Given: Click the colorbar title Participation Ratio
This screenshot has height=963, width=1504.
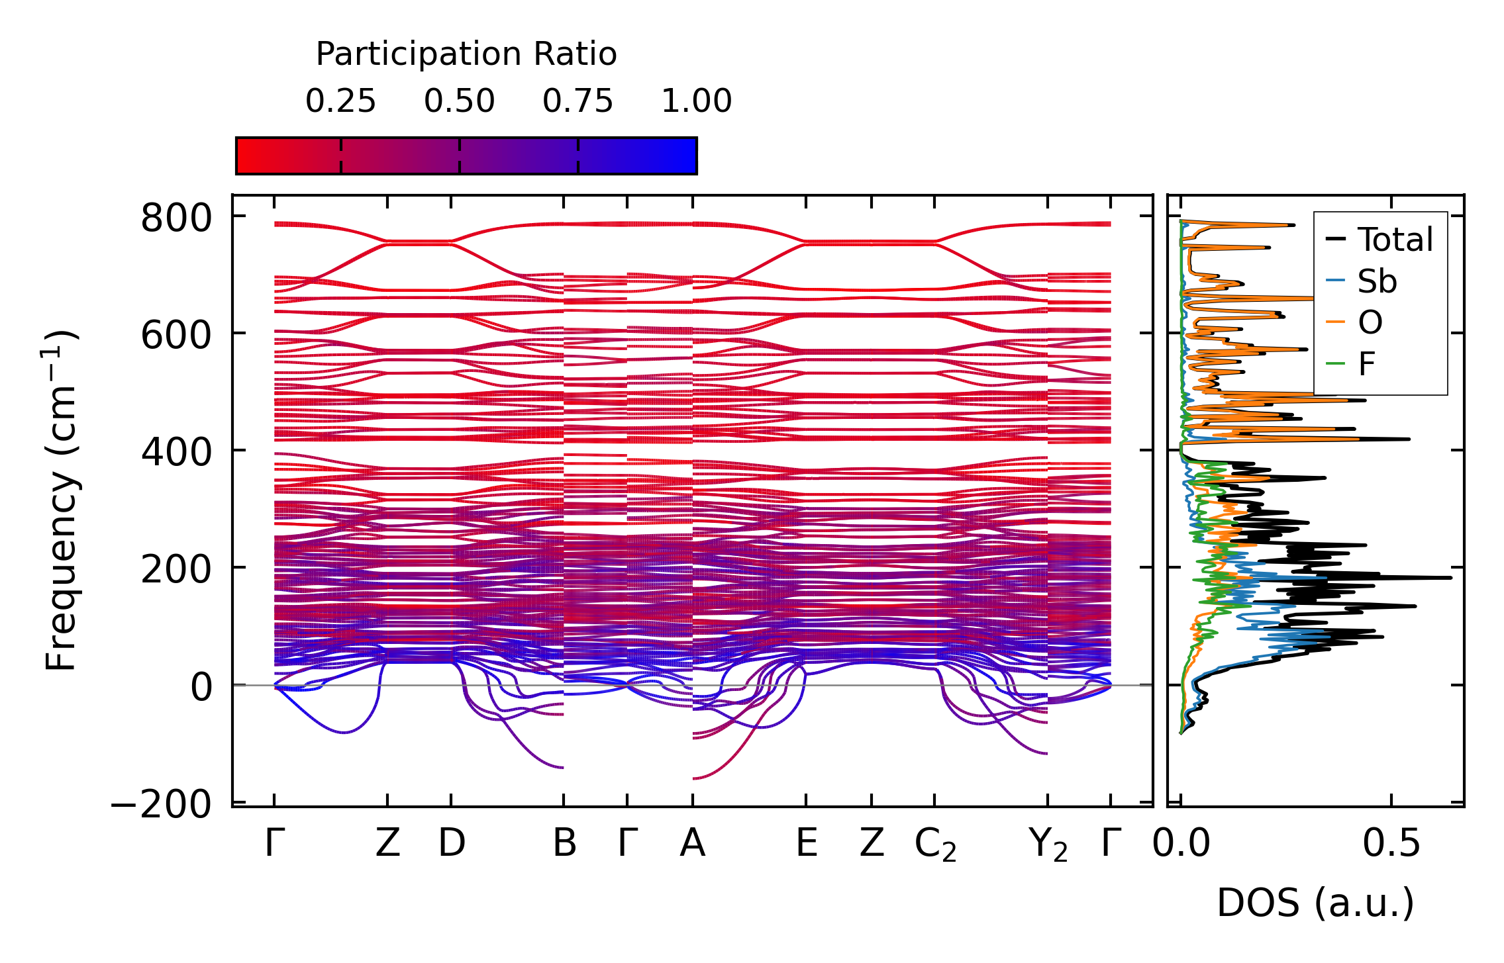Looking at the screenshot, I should [466, 54].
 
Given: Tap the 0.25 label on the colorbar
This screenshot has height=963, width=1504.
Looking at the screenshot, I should [340, 101].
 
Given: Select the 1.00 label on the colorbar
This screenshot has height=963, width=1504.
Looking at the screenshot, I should [696, 101].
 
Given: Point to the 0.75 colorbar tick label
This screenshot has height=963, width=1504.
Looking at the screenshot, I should [577, 101].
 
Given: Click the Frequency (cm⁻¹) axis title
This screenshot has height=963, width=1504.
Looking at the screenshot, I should [62, 500].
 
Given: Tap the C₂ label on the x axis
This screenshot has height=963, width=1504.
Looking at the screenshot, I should [935, 845].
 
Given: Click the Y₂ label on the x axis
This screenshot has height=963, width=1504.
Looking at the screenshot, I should [1048, 845].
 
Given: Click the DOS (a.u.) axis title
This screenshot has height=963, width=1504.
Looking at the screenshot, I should [1315, 903].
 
